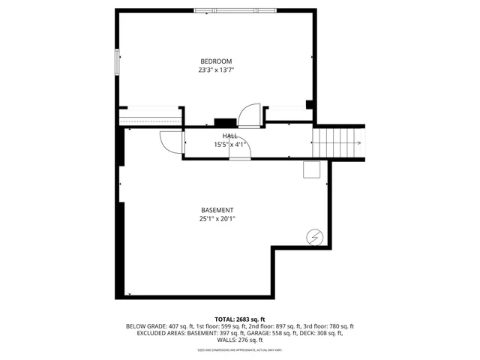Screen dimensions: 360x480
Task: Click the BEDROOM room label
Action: click(x=215, y=61)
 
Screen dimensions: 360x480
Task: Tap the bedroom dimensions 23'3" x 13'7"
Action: click(x=215, y=70)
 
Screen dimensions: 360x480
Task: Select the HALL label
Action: click(x=229, y=136)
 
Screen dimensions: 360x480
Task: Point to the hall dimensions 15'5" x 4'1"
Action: click(x=229, y=145)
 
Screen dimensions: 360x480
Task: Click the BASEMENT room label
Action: click(x=217, y=210)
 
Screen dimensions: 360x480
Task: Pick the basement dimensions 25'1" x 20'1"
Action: click(x=217, y=220)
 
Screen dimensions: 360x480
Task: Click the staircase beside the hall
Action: click(x=338, y=141)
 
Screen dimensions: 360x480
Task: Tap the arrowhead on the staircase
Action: click(x=359, y=141)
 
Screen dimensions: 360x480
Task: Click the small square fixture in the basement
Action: click(x=311, y=169)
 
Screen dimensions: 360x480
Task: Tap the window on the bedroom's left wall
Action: click(x=117, y=61)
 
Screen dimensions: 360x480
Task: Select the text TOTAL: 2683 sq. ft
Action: click(x=239, y=319)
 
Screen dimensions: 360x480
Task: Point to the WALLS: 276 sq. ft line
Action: click(x=239, y=340)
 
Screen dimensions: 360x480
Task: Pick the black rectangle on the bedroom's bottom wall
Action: click(x=224, y=122)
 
